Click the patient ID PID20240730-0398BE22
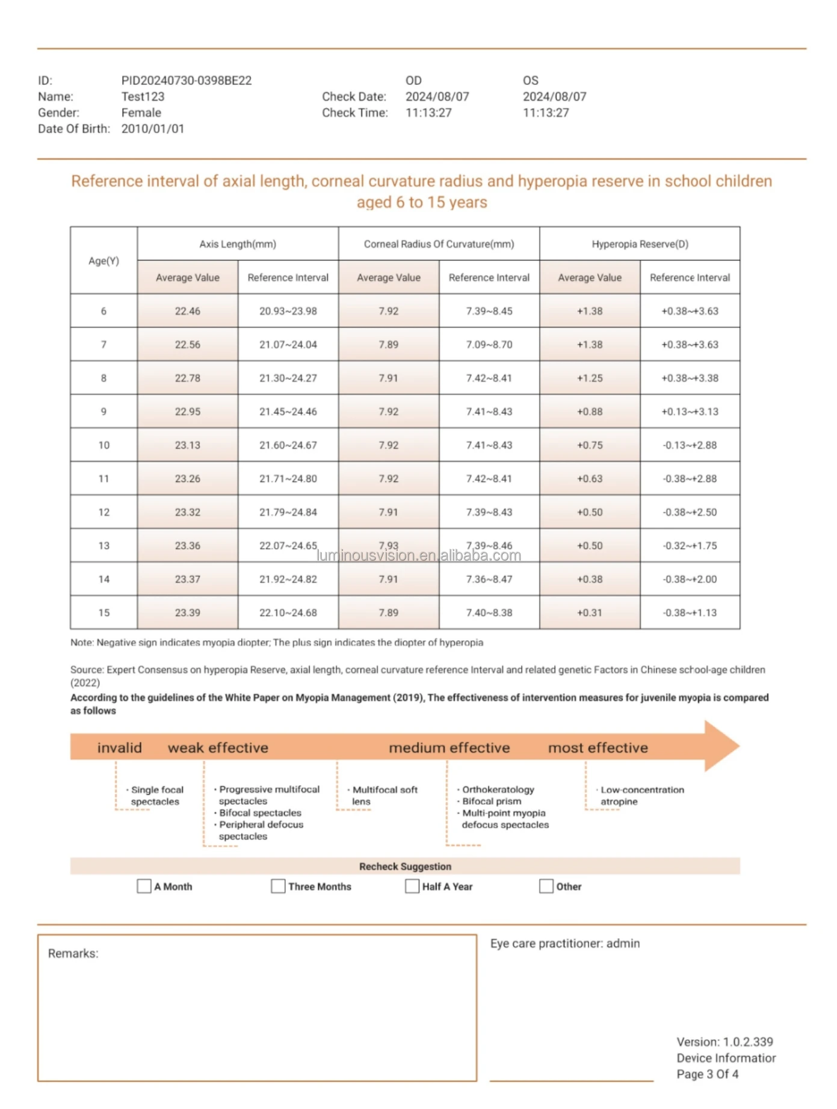coord(186,81)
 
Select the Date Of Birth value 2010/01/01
coord(152,129)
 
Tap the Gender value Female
coord(141,113)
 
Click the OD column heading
coord(413,81)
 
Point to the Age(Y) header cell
coord(103,261)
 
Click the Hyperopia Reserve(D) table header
coord(640,244)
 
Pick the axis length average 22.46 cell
coord(187,311)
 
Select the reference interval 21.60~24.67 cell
coord(288,445)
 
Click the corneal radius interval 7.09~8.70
coord(489,345)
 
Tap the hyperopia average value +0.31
coord(589,613)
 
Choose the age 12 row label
coord(103,512)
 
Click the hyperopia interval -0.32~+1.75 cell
coord(690,546)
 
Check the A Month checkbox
coord(144,886)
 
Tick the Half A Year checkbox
coord(412,886)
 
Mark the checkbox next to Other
coord(546,886)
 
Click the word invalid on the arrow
coord(119,748)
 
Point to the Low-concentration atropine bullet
coord(641,795)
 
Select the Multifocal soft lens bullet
coord(384,795)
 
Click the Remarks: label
coord(73,954)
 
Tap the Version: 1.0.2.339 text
coord(724,1042)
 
